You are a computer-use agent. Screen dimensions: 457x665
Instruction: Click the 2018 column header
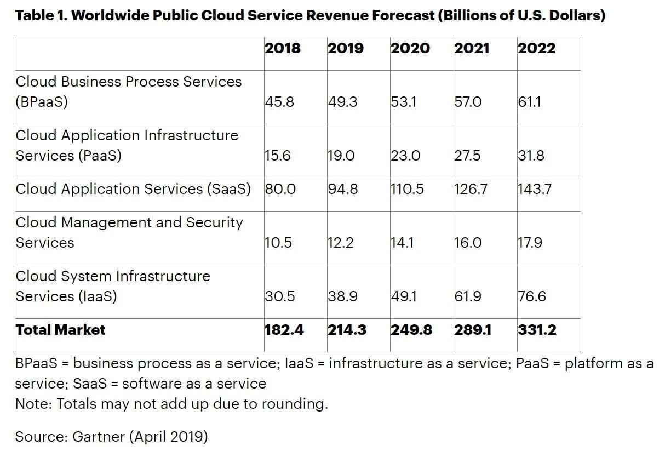(283, 48)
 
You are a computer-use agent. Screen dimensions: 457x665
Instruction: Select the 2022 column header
(536, 48)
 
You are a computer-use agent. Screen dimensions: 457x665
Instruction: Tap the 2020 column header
(410, 48)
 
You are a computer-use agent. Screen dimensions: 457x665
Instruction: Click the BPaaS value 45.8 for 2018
(279, 102)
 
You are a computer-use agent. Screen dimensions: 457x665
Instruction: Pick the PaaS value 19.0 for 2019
(341, 156)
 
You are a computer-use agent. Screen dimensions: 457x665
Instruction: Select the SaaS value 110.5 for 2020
(407, 189)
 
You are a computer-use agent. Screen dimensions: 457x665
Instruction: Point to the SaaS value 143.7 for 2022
(535, 189)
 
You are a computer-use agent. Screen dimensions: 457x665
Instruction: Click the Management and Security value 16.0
(468, 243)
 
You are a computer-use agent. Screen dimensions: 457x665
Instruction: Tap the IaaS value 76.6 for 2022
(532, 296)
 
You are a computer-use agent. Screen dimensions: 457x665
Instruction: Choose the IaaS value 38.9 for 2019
(342, 296)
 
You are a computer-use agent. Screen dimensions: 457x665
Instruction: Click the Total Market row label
(60, 330)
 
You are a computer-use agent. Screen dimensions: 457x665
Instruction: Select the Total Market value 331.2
(537, 330)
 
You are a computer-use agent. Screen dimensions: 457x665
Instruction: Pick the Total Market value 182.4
(284, 330)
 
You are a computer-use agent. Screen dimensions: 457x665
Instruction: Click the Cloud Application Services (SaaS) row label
(133, 189)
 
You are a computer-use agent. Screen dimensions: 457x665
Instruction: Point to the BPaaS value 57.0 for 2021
(468, 102)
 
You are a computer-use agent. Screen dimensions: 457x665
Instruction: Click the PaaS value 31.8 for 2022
(531, 156)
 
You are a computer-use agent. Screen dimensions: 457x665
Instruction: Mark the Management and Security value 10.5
(278, 243)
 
